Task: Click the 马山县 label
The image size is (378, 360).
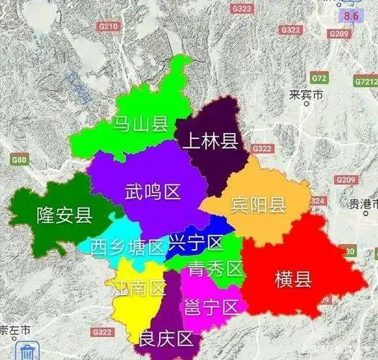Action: tap(140, 124)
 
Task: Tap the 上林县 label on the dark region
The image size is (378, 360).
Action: tap(210, 140)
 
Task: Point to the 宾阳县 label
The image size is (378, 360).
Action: tap(258, 204)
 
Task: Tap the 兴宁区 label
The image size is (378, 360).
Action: tap(195, 243)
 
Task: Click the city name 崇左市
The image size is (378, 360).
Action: tap(15, 330)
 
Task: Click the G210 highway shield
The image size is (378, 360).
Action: tap(108, 26)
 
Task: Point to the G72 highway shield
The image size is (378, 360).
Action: tap(319, 77)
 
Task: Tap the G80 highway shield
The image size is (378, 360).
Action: tap(19, 159)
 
